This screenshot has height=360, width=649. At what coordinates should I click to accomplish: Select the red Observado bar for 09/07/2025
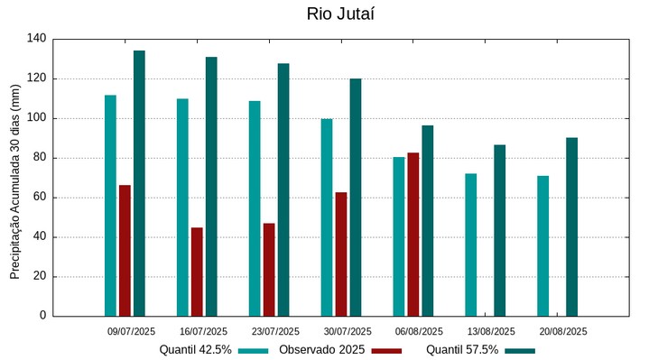tap(125, 251)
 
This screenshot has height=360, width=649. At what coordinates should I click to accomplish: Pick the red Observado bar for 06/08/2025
tap(413, 235)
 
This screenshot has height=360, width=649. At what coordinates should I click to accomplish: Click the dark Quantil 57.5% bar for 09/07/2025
tap(139, 183)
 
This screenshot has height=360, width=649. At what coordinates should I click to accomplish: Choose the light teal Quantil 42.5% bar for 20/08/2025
tap(542, 245)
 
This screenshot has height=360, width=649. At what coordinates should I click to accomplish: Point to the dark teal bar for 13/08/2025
tap(499, 230)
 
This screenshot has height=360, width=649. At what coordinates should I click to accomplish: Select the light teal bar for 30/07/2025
tap(327, 217)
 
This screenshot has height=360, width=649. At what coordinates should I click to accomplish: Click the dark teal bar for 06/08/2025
tap(428, 221)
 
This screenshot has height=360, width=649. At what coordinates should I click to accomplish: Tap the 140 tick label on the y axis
tap(37, 39)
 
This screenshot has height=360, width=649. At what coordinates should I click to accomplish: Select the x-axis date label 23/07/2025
tap(275, 331)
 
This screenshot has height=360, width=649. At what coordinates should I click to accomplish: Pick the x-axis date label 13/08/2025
tap(492, 331)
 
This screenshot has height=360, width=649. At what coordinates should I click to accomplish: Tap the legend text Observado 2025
tap(321, 349)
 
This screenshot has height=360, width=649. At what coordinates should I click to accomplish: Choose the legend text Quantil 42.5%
tap(196, 349)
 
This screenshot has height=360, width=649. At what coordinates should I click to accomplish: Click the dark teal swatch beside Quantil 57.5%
tap(520, 350)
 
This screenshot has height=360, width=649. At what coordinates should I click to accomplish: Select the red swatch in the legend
tap(386, 350)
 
